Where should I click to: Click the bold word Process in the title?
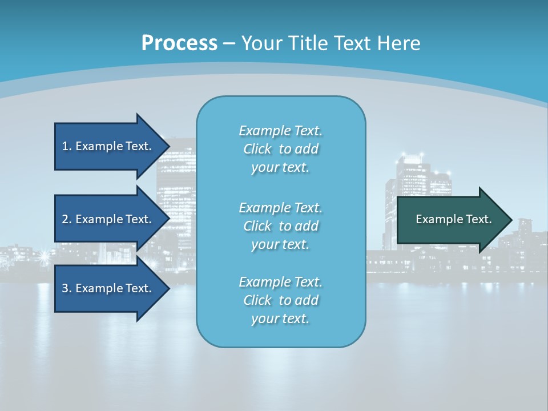click(179, 43)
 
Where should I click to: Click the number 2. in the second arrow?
click(66, 219)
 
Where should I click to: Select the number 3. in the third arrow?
click(66, 288)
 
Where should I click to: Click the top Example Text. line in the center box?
click(280, 131)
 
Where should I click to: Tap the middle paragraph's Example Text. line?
click(280, 207)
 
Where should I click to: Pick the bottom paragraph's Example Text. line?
click(280, 281)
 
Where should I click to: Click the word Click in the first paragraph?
click(257, 149)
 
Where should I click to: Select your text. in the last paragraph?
click(280, 319)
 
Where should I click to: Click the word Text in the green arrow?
click(479, 219)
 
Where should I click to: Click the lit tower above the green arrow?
click(412, 177)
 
